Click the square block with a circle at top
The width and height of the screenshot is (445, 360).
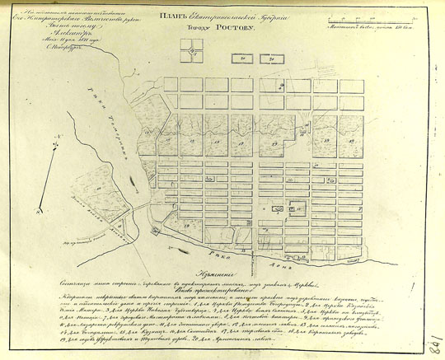192,53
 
